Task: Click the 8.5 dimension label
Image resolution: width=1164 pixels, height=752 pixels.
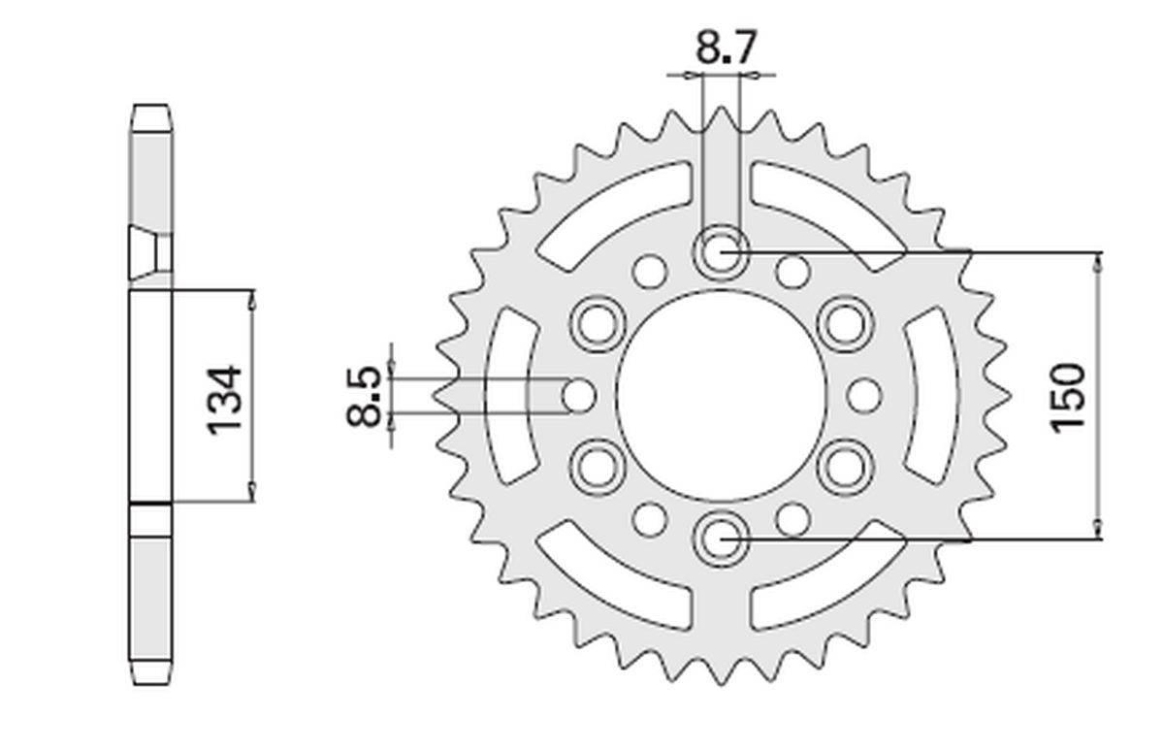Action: (x=364, y=396)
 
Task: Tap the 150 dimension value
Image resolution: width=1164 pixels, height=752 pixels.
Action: (x=1067, y=396)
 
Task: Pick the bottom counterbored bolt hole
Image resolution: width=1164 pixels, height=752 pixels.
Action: (x=719, y=537)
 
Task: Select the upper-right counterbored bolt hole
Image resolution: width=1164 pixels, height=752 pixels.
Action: (x=843, y=323)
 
